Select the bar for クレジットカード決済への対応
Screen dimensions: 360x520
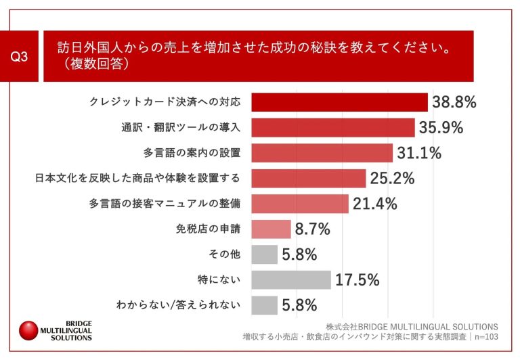coord(339,102)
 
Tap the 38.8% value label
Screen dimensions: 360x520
coord(454,102)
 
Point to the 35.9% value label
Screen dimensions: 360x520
coord(441,127)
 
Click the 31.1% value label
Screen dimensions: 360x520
coord(419,152)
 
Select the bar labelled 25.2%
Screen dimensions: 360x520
coord(309,178)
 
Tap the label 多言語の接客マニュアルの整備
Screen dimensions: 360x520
coord(166,203)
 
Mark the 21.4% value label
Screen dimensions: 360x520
coord(374,204)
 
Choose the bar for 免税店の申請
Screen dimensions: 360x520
coord(271,229)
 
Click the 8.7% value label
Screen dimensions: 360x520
coord(313,229)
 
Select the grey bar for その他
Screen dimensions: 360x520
coord(264,254)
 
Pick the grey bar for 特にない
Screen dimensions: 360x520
coord(290,279)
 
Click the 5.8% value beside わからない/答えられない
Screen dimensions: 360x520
coord(300,305)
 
